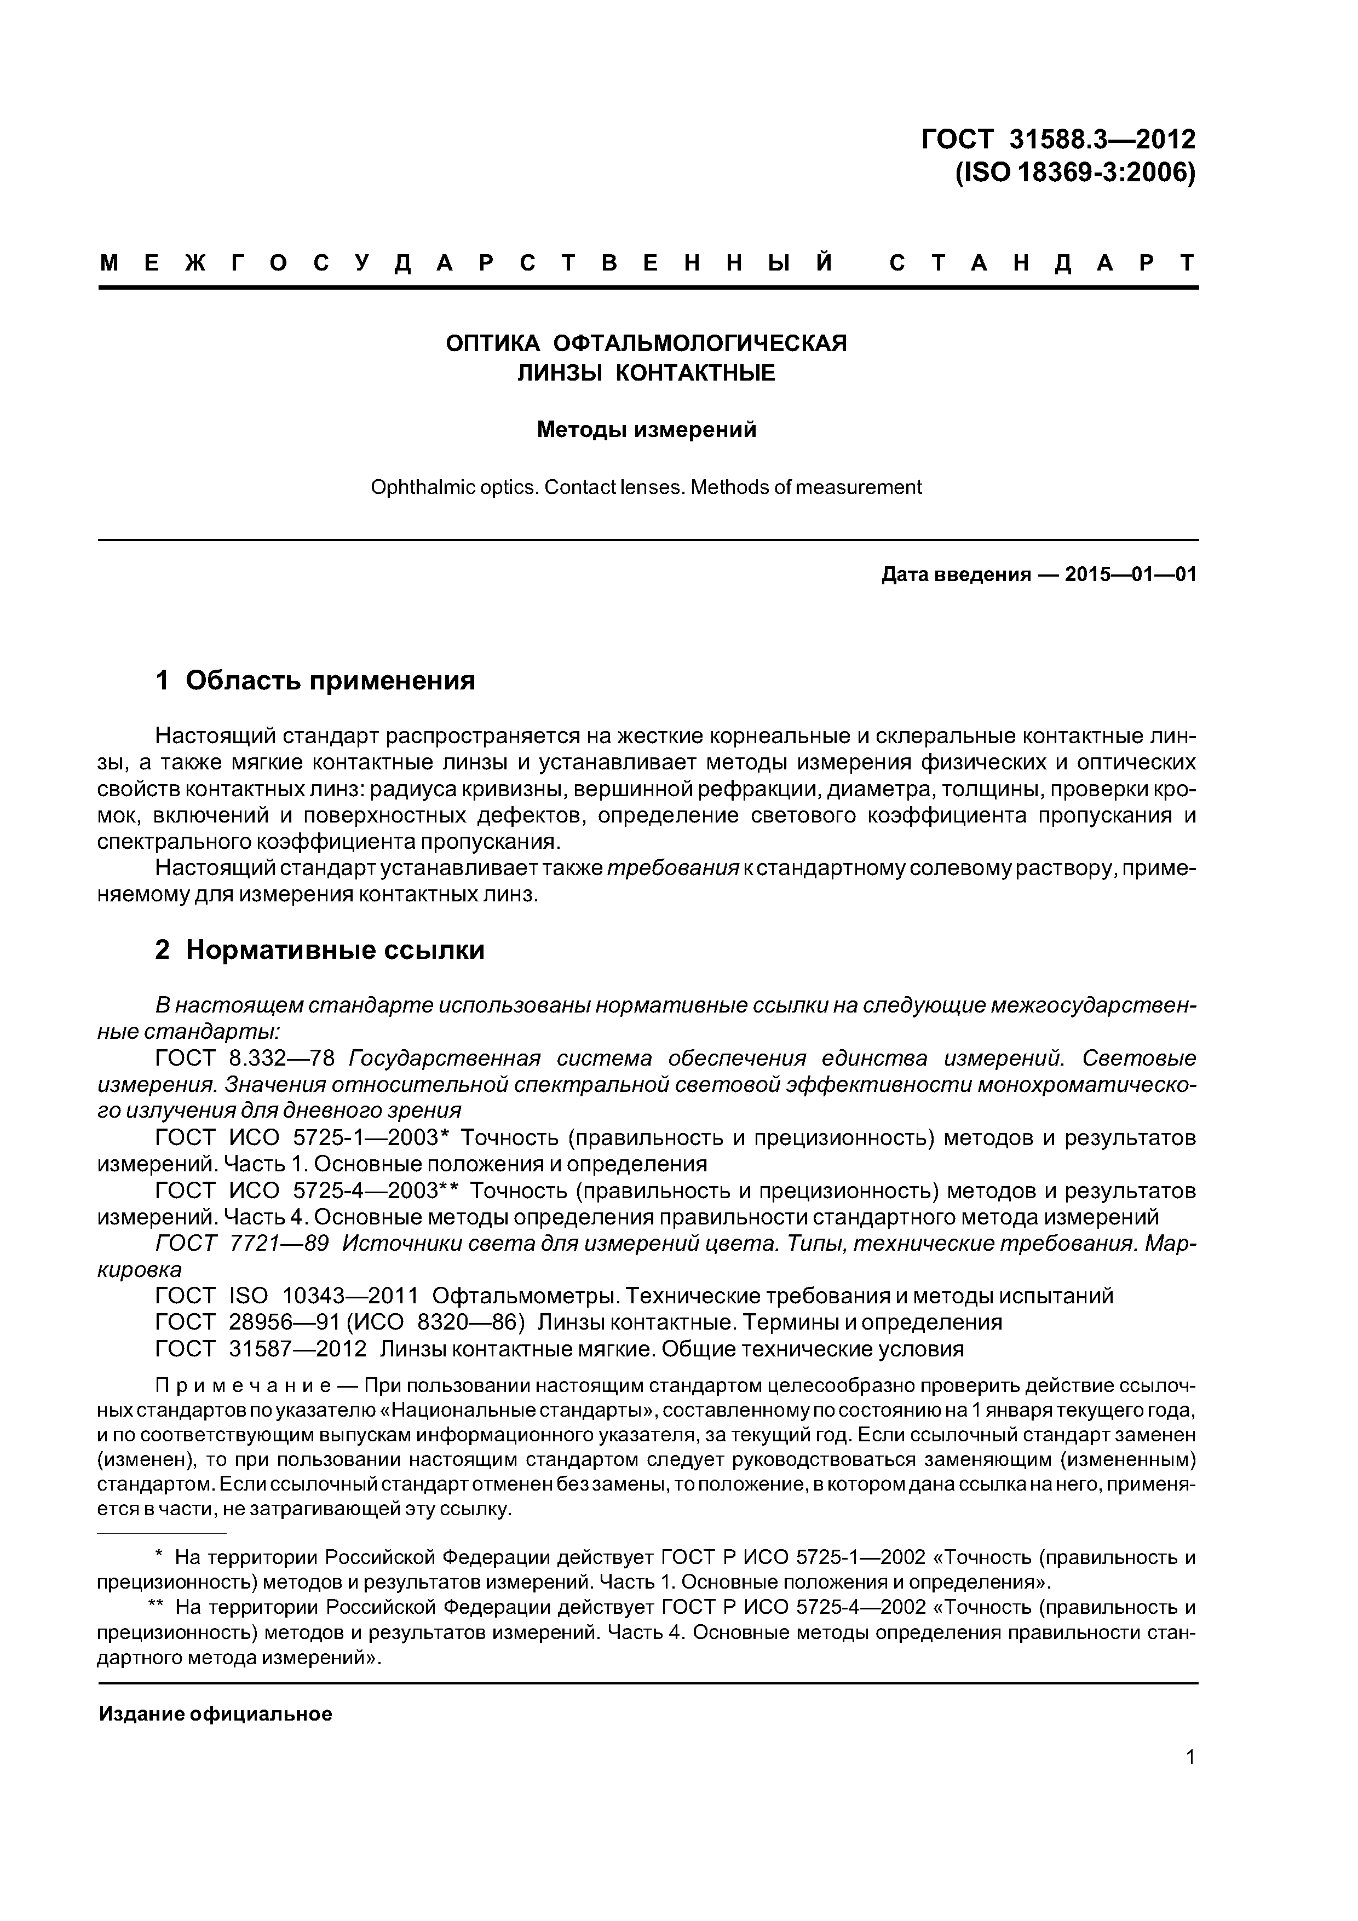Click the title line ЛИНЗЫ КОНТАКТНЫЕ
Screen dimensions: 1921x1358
[646, 373]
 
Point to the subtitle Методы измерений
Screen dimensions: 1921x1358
[646, 430]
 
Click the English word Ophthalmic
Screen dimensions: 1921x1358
[410, 487]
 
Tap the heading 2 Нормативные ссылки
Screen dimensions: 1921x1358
[320, 950]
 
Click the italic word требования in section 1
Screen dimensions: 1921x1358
[673, 869]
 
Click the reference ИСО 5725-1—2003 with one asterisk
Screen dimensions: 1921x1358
[339, 1138]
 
